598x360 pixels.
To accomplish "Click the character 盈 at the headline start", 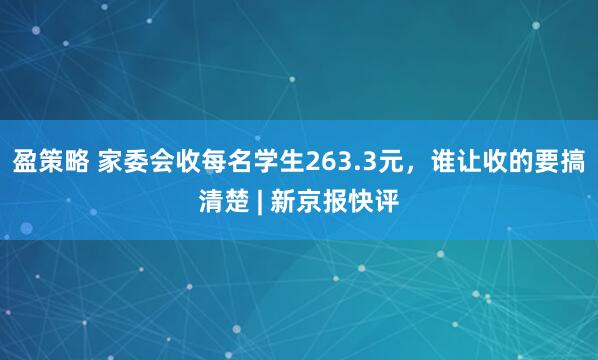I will (23, 160).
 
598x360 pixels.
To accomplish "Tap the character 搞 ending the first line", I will (575, 160).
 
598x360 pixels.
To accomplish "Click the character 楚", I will (241, 202).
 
